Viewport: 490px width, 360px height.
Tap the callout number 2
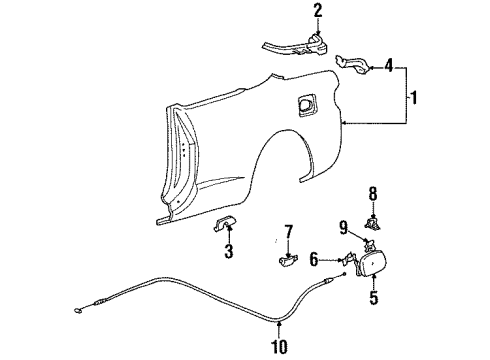coord(291,11)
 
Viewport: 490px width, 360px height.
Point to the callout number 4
coord(389,68)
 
